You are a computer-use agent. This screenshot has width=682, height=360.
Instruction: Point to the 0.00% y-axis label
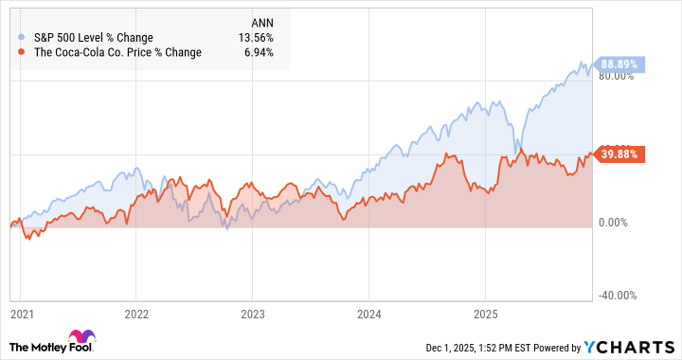click(x=618, y=222)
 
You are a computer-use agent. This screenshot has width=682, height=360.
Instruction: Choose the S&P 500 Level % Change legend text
click(x=93, y=38)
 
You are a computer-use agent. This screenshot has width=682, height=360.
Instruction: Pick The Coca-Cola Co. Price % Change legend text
click(x=117, y=53)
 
